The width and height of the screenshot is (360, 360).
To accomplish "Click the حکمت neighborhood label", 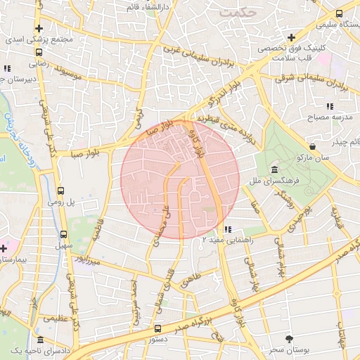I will [x=239, y=13].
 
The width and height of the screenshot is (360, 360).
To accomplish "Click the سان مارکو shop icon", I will [x=311, y=146].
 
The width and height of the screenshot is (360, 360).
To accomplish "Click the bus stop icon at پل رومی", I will [x=61, y=191].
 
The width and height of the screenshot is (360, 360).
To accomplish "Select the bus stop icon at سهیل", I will [x=64, y=234].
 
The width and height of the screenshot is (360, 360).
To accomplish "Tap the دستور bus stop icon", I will [x=157, y=328].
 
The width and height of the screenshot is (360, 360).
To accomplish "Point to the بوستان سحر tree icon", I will [x=290, y=340].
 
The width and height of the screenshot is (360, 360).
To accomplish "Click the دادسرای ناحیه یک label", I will [x=32, y=350].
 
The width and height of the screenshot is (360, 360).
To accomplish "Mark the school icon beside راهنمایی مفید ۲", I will [x=227, y=229].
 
